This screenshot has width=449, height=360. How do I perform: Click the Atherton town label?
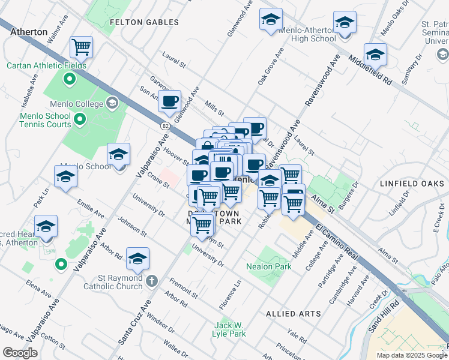[29, 32]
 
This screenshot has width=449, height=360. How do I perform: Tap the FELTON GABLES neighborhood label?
[145, 22]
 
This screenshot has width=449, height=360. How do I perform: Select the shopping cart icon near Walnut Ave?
[80, 46]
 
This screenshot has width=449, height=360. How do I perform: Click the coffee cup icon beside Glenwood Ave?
[170, 100]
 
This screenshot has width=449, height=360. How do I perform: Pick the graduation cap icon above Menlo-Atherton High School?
[271, 19]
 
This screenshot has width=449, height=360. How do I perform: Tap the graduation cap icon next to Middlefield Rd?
[375, 54]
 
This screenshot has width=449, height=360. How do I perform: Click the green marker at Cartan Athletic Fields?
[70, 78]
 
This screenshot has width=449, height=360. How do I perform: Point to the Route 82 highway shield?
[164, 125]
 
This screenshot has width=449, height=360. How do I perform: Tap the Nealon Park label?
[268, 266]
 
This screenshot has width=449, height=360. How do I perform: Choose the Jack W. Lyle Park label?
[231, 329]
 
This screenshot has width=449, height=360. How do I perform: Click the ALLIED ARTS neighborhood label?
[289, 314]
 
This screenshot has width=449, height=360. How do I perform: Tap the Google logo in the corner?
[20, 353]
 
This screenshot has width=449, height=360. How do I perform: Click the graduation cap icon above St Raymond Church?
[138, 259]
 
